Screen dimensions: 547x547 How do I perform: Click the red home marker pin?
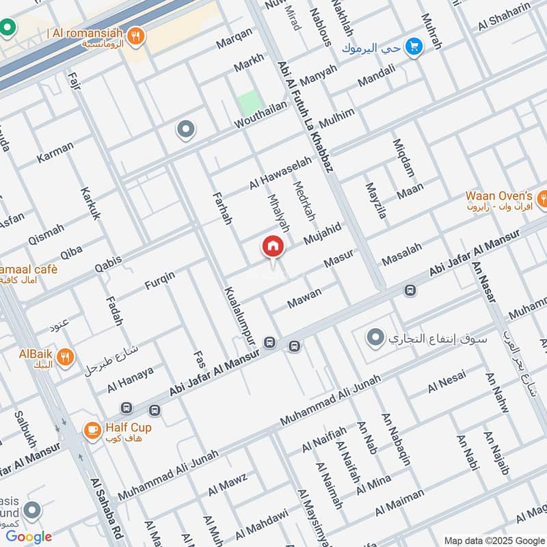[272, 247]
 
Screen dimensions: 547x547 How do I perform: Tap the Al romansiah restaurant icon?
[137, 36]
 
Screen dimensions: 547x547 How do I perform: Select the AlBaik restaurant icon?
[65, 356]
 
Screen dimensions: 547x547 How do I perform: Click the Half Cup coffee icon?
[92, 430]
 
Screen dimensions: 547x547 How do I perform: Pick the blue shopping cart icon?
[413, 46]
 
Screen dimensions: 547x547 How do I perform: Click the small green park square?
[250, 103]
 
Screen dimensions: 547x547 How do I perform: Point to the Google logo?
[29, 537]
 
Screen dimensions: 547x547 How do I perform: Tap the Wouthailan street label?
[261, 116]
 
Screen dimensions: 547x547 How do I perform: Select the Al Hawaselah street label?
[280, 172]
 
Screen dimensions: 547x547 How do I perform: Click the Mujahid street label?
[322, 235]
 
